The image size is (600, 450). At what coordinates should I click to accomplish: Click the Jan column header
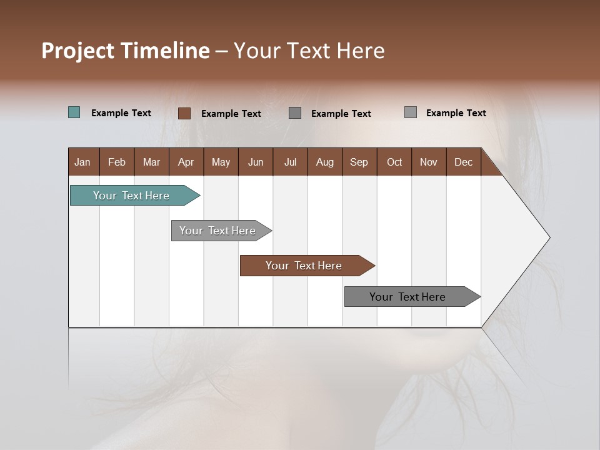(83, 162)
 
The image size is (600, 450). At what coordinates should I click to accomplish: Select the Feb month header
(117, 162)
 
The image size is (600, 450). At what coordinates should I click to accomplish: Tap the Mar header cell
(151, 162)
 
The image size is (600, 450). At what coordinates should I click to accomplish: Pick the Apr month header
(186, 162)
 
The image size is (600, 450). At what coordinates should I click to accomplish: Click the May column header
(221, 162)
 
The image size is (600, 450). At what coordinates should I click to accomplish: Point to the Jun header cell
(256, 162)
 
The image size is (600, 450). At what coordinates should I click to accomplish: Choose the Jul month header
(290, 162)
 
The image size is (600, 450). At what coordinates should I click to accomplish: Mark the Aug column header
(325, 162)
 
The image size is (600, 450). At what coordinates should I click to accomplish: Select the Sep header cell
(359, 162)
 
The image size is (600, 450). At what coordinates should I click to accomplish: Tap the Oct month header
(394, 162)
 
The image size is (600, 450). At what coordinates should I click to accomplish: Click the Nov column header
(429, 162)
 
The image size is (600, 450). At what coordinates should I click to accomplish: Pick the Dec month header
(464, 162)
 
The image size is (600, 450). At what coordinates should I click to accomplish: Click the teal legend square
(74, 112)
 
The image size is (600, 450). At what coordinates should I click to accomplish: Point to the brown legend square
(184, 113)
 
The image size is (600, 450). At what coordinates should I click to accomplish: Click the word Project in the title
(77, 51)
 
